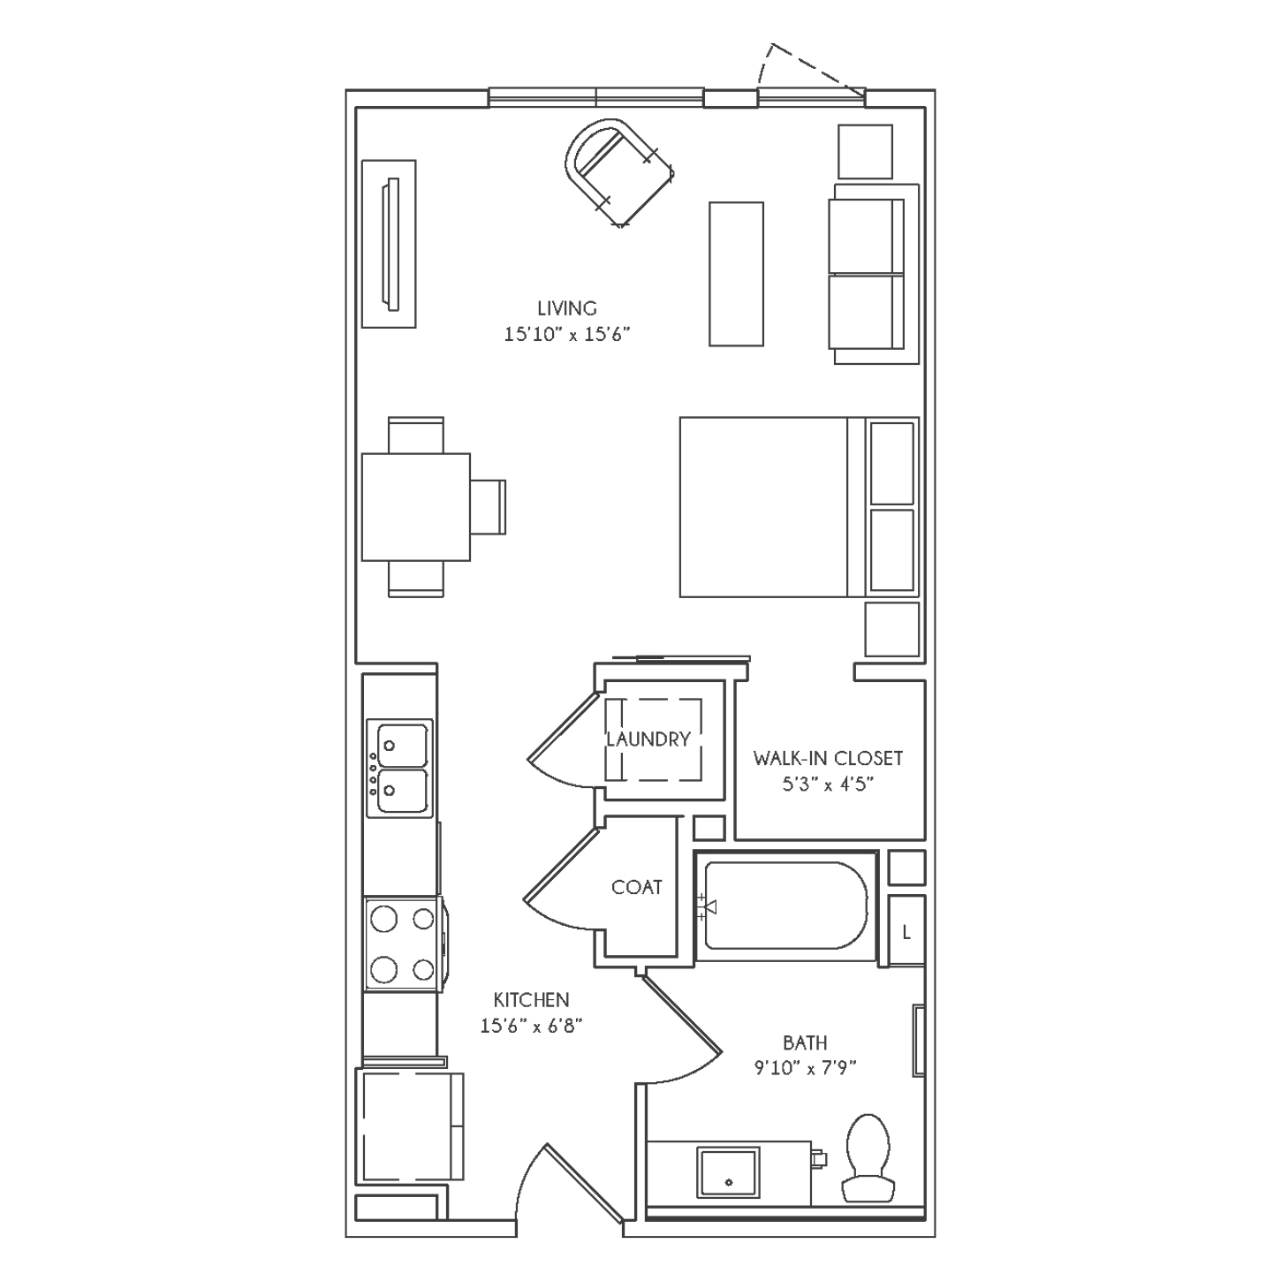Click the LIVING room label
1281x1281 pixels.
[567, 308]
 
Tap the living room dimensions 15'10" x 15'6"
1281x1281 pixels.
[566, 334]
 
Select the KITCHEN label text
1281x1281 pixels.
[531, 1000]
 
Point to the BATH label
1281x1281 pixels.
[805, 1043]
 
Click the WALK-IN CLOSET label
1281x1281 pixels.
[828, 759]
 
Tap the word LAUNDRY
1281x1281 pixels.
[648, 739]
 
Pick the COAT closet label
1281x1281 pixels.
[636, 888]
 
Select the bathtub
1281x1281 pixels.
[785, 906]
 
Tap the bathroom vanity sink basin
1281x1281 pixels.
[728, 1171]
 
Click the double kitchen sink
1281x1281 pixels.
[400, 768]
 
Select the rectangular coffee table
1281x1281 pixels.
[736, 274]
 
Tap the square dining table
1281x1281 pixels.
[416, 507]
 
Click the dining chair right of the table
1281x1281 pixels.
[489, 507]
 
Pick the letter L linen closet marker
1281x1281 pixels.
[906, 933]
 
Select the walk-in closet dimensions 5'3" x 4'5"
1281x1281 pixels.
[828, 785]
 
